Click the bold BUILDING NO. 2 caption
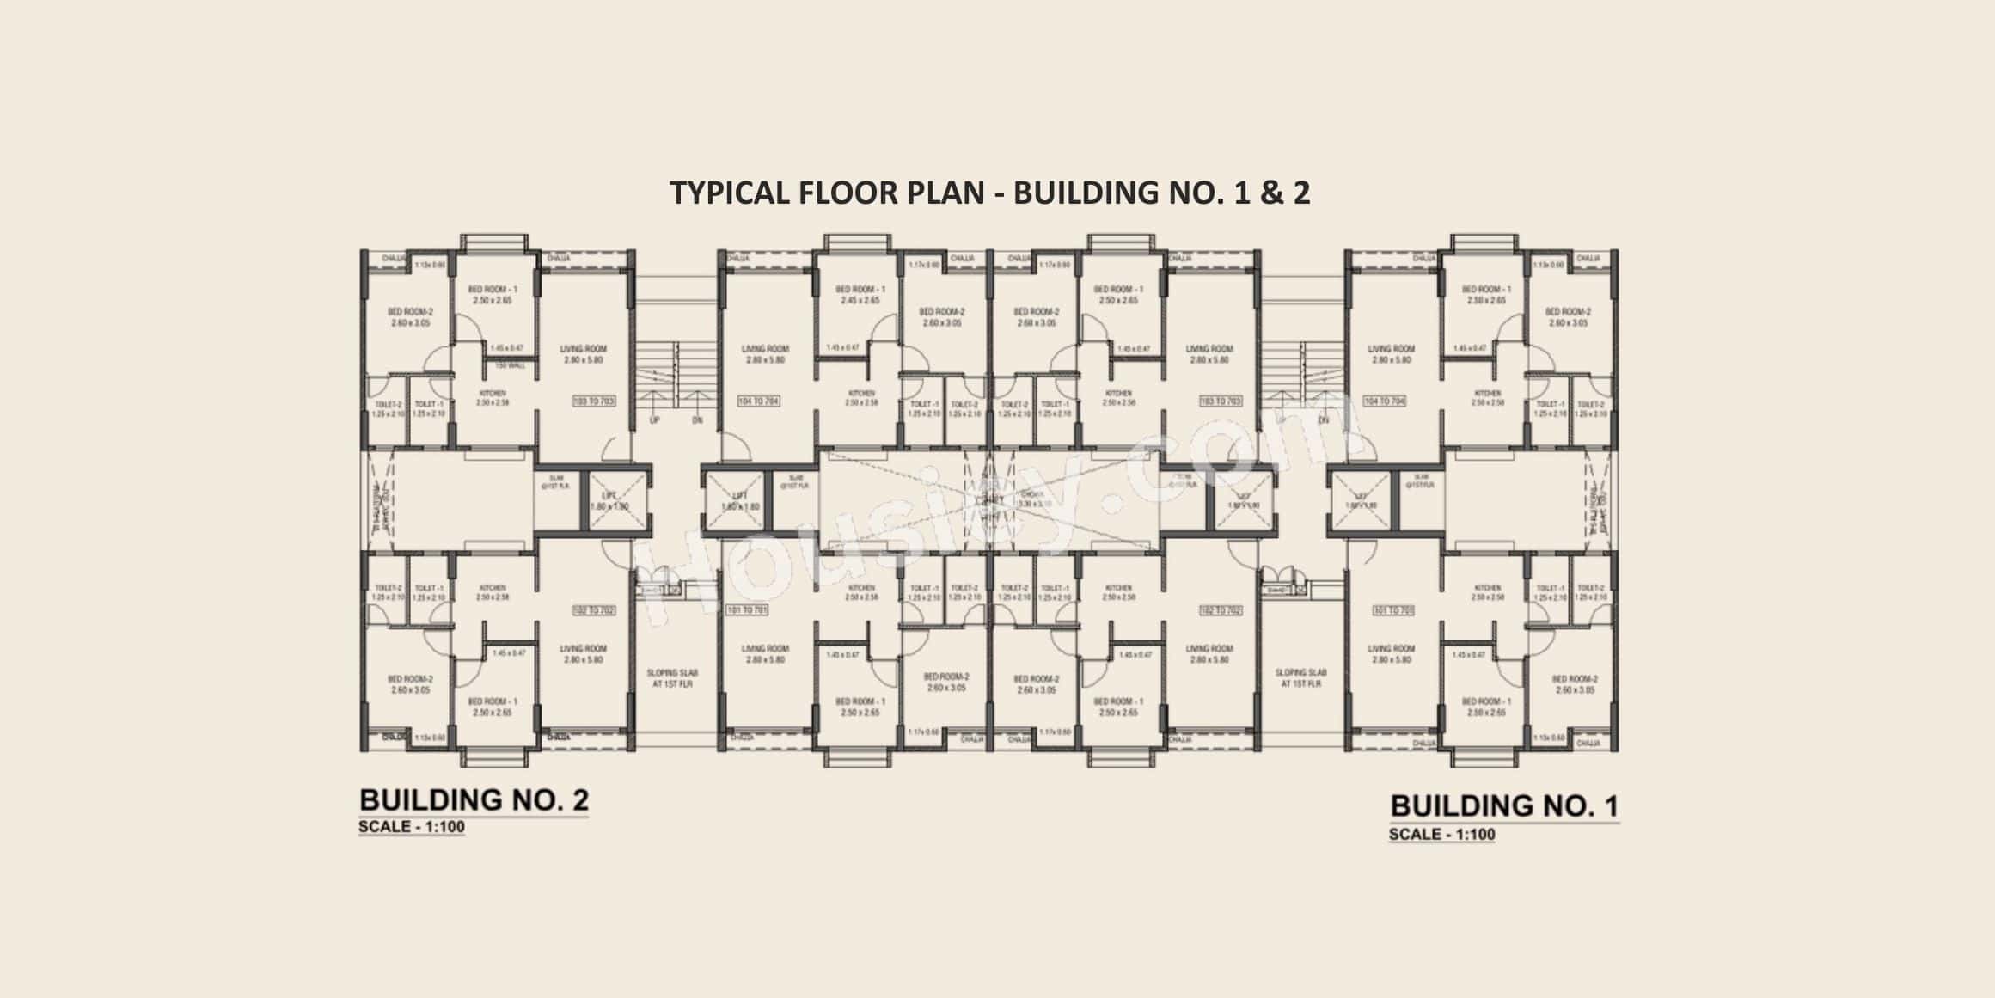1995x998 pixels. pos(474,799)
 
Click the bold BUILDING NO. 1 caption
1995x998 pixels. pos(1503,805)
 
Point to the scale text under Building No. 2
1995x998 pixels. pos(412,828)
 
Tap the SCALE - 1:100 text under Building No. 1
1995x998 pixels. pos(1441,834)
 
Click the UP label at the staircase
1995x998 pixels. pos(655,421)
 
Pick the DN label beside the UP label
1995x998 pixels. pos(698,421)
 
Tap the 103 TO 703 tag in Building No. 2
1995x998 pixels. pos(593,401)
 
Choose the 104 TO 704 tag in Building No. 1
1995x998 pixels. pos(1384,401)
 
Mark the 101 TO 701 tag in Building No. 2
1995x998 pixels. pos(747,609)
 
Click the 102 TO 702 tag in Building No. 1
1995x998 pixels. pos(1220,609)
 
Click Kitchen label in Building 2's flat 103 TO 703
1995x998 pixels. pos(493,397)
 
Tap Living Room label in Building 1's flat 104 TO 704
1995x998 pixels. pos(1391,354)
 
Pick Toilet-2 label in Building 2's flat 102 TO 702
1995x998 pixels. pos(388,592)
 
